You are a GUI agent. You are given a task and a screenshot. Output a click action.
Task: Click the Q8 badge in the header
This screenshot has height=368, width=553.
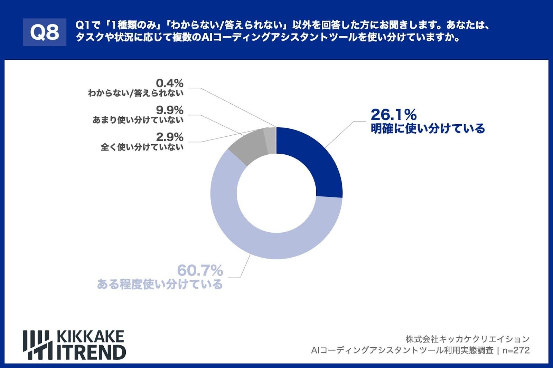tap(45, 32)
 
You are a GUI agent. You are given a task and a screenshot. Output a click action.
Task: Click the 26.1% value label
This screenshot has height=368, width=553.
tap(393, 115)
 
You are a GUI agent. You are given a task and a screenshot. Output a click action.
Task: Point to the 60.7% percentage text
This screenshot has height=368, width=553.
tap(200, 270)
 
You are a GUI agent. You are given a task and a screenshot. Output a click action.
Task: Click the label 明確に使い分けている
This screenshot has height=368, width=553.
tap(428, 128)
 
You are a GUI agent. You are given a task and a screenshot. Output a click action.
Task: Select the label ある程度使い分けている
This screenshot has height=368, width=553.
tap(160, 284)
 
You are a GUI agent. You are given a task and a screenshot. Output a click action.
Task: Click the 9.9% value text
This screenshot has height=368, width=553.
tap(169, 110)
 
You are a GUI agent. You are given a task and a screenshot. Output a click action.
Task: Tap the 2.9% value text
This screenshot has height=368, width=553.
tap(169, 137)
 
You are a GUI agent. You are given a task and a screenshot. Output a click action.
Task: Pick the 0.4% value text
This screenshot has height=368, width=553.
tap(169, 83)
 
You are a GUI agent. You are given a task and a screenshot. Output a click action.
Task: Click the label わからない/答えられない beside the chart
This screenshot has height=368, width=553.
tap(135, 93)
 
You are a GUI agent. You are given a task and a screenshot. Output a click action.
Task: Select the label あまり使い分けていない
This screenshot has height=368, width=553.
tap(138, 120)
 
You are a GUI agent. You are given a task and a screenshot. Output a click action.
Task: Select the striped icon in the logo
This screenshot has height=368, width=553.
tap(37, 345)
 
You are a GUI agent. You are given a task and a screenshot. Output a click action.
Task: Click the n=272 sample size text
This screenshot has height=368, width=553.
tap(516, 350)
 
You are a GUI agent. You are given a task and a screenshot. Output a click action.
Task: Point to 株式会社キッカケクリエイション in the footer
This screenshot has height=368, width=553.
tap(467, 339)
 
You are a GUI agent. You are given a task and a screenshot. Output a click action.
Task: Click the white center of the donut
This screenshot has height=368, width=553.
tap(276, 193)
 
